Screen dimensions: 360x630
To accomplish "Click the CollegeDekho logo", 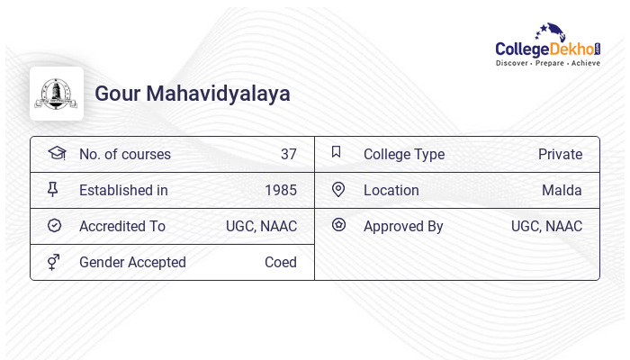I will tap(548, 45).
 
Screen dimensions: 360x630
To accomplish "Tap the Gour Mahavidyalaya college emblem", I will tap(57, 94).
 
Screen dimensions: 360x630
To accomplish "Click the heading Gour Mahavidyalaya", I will tap(193, 94).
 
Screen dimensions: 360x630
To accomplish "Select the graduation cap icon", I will tap(57, 153).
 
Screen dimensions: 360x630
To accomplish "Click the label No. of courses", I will tap(125, 154).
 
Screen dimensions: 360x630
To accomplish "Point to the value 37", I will tap(288, 154).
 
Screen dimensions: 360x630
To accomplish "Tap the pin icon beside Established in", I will tap(52, 189).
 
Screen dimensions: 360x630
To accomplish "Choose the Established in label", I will tap(123, 190).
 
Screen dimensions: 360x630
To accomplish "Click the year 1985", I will tap(281, 190).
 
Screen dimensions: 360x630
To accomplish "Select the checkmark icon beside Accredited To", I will tap(54, 226).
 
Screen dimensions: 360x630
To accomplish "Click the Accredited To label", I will tap(122, 226).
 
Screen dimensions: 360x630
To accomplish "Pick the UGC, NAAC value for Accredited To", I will tap(261, 226).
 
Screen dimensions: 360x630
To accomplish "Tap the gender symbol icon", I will tap(53, 262).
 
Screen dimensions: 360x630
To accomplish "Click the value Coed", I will tap(281, 262).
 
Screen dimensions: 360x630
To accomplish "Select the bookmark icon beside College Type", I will tap(336, 152).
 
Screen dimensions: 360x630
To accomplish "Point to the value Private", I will tap(560, 154).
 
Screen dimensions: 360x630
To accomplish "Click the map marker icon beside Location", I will tap(338, 189).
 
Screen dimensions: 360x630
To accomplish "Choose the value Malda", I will tap(562, 190).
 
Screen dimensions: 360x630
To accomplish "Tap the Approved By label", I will tap(403, 226).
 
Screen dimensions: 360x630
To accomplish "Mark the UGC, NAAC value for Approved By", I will tap(546, 226).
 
